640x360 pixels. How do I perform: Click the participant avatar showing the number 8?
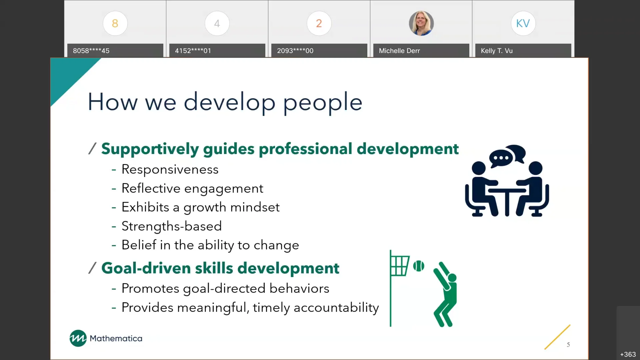115,23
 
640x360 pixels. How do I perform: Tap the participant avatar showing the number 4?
217,23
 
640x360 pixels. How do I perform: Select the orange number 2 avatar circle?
319,23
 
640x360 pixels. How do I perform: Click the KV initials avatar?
523,23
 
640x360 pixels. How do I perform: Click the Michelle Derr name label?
399,51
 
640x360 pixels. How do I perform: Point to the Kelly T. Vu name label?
497,51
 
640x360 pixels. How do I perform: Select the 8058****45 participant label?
91,51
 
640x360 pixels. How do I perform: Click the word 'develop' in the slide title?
229,102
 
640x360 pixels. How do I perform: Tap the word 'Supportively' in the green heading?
150,149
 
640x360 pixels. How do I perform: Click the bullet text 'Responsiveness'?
170,169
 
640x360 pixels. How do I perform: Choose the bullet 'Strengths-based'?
171,226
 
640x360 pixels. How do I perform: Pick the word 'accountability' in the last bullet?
336,308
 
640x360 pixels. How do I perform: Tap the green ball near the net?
419,266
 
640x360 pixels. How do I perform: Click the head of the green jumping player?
452,278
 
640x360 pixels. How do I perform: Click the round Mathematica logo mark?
78,338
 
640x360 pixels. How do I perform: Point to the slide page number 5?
568,345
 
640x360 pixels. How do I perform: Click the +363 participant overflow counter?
628,354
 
